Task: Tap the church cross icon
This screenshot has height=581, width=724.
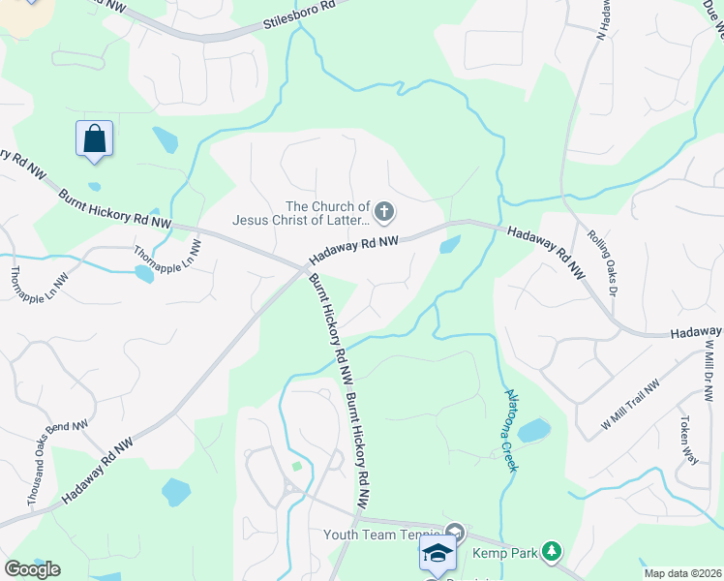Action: [x=384, y=211]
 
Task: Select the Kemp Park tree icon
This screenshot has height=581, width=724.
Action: [x=552, y=551]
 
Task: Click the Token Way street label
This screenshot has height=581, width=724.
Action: [x=688, y=441]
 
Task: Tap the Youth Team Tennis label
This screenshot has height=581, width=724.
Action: [x=382, y=535]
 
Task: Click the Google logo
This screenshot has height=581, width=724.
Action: [x=32, y=568]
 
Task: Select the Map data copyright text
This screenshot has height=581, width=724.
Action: [x=683, y=573]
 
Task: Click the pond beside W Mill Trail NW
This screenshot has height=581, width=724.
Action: [x=533, y=430]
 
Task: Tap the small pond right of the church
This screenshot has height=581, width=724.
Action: [x=450, y=245]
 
